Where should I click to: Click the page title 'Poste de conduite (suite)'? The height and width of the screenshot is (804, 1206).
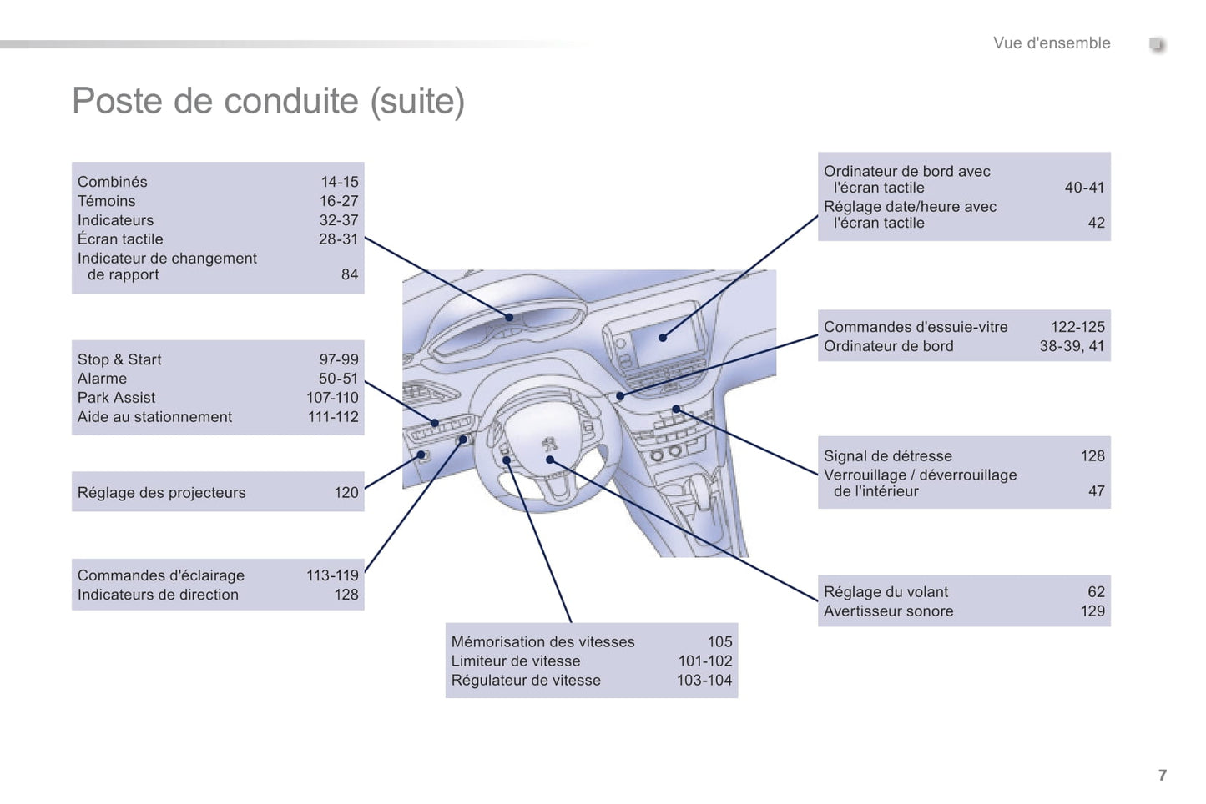[x=268, y=101]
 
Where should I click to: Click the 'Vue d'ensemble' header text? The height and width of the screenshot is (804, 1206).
[x=1051, y=43]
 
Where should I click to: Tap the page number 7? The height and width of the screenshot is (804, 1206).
[x=1162, y=775]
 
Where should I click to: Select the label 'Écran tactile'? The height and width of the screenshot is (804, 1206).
[x=120, y=239]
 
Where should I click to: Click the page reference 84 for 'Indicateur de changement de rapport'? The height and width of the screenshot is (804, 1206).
[x=350, y=274]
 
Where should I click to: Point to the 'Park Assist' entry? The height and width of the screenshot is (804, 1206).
[x=116, y=398]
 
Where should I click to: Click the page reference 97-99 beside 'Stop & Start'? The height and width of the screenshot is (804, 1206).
[x=338, y=359]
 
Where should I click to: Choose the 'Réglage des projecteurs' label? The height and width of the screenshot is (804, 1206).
[x=161, y=493]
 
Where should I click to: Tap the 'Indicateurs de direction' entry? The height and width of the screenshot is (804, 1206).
[x=158, y=595]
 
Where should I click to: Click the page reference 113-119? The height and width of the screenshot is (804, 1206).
[x=332, y=575]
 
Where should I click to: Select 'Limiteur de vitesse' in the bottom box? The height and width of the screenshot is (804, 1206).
[x=515, y=661]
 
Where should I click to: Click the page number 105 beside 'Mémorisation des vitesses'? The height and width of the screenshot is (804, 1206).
[x=719, y=642]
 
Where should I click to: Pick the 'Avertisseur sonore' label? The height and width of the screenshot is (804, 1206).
[x=888, y=611]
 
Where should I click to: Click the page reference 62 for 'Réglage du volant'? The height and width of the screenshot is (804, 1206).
[x=1095, y=592]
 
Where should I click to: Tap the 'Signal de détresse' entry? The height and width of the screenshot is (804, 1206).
[x=887, y=456]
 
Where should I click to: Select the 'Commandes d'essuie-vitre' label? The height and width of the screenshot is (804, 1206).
[x=915, y=327]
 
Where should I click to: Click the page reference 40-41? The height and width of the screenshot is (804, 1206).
[x=1083, y=188]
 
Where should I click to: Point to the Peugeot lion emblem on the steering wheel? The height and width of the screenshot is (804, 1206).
[x=549, y=442]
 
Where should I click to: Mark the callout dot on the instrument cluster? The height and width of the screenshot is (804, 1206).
[x=510, y=317]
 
